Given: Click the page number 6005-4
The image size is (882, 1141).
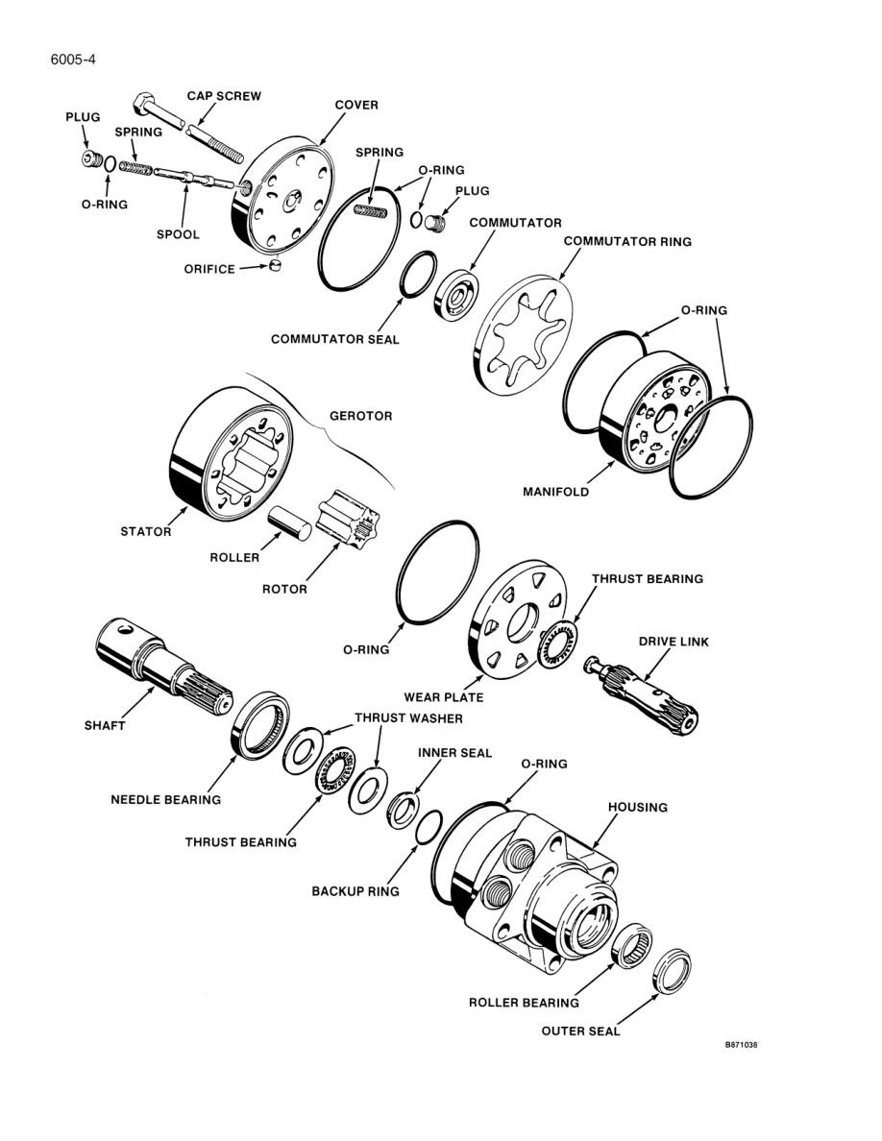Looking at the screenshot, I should coord(73,60).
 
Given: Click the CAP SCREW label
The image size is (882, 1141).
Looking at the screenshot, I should coord(224,96).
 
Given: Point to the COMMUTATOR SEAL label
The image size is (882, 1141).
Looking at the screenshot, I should coord(334,339).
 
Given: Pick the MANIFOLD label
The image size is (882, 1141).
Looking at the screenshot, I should coord(555,492).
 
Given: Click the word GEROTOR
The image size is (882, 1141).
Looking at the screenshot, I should coord(361,417).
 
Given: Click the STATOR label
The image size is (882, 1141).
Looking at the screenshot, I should coord(146,531).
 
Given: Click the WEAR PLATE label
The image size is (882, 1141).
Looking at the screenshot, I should coord(443,696).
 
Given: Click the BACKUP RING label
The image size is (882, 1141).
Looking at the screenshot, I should coord(355,891).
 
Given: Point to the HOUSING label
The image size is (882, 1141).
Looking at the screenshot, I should coord(638,808).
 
